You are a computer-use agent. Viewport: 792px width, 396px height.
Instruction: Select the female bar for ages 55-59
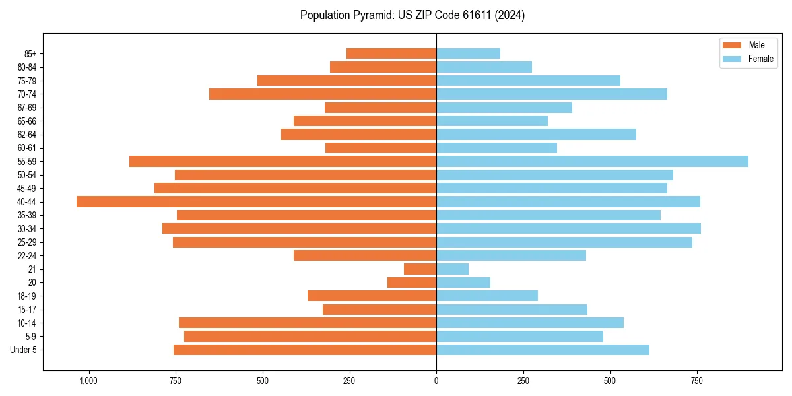click(x=592, y=161)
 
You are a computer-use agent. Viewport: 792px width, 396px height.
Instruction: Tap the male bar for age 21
click(x=420, y=269)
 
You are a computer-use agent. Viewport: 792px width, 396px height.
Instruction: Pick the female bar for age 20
click(x=463, y=282)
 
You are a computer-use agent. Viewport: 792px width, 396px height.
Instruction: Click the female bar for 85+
click(x=468, y=53)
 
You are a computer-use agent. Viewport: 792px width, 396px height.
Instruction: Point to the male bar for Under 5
click(x=305, y=350)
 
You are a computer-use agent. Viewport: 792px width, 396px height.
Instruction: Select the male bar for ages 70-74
click(x=323, y=94)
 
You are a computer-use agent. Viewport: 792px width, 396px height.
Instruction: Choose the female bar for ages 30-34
click(x=568, y=228)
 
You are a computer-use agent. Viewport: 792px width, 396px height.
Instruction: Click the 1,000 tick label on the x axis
click(x=88, y=381)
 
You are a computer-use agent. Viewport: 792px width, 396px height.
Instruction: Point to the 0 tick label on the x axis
click(x=436, y=381)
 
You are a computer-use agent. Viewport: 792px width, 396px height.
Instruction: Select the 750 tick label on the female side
click(x=697, y=381)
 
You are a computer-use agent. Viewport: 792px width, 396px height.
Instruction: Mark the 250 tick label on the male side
click(x=349, y=381)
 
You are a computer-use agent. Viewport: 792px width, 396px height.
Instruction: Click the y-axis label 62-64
click(x=27, y=135)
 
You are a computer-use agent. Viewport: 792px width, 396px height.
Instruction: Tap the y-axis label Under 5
click(x=24, y=350)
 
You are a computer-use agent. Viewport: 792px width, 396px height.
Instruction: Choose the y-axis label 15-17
click(x=27, y=310)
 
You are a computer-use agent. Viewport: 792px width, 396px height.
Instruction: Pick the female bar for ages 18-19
click(x=487, y=296)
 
